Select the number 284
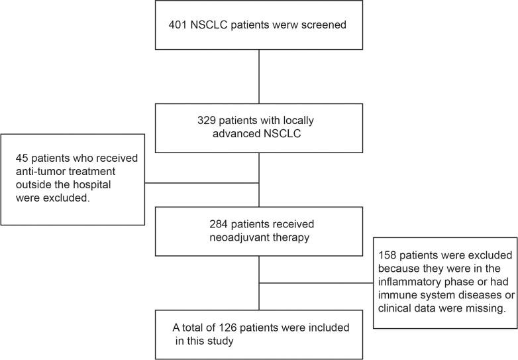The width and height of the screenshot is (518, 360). tap(202, 225)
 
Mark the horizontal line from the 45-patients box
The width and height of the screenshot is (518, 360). tap(201, 182)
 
